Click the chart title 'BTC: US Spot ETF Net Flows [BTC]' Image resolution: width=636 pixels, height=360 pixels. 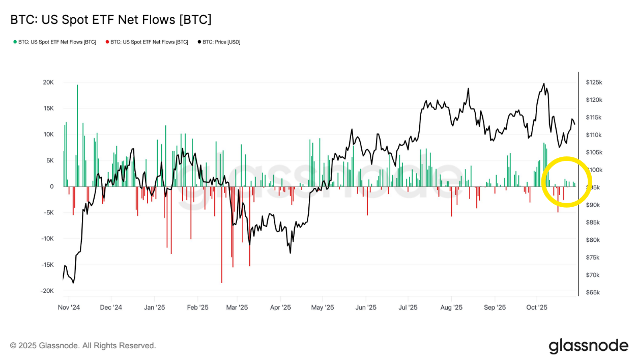tap(110, 20)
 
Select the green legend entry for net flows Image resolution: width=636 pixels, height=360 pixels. tap(54, 42)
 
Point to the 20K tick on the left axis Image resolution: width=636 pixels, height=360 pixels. tap(48, 82)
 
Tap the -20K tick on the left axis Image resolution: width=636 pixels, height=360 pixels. tap(47, 291)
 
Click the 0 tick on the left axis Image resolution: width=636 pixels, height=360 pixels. tap(51, 186)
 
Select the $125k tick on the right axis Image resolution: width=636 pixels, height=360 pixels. tap(594, 82)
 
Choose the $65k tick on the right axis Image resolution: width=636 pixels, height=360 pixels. tap(593, 293)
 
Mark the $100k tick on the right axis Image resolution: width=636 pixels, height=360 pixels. tap(594, 170)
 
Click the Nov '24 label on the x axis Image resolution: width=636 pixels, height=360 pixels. tap(69, 308)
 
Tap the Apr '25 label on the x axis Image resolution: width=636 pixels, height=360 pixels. tap(280, 308)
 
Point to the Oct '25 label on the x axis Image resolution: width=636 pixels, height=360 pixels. tap(536, 308)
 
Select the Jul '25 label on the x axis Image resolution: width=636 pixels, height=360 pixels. tap(408, 308)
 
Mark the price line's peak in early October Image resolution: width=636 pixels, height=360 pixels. tap(544, 84)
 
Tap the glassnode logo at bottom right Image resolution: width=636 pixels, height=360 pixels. tap(588, 346)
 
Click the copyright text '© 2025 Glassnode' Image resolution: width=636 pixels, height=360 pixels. tap(83, 346)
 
